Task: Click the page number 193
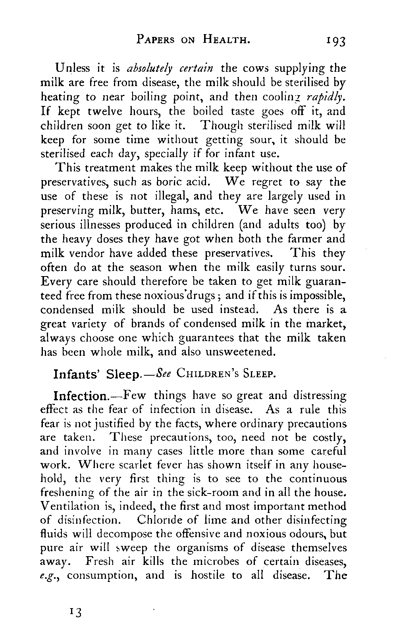(335, 40)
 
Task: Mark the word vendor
(85, 253)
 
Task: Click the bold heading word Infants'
(78, 374)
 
